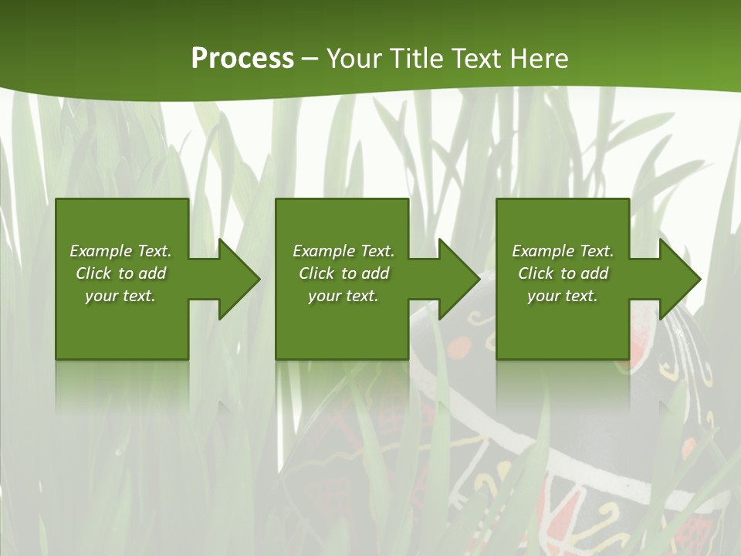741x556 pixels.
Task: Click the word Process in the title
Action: (242, 59)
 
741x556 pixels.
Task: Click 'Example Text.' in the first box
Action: (120, 251)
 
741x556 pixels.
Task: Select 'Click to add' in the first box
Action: (120, 273)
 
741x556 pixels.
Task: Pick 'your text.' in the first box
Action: (120, 296)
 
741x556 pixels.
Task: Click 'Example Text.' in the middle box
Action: (343, 251)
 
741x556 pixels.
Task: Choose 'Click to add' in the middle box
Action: (343, 273)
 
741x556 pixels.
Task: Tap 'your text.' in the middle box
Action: (343, 296)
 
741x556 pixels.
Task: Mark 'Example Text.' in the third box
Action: (563, 251)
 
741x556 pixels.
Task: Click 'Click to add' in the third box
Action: (563, 273)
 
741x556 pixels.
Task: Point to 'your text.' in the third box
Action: (563, 296)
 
